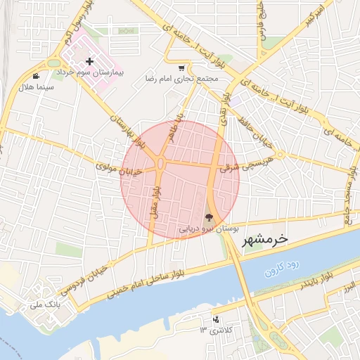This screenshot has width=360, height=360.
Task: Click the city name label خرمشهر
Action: [x=265, y=239]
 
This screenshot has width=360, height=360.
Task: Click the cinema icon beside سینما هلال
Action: [x=36, y=75]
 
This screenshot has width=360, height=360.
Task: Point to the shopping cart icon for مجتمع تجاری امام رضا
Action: [x=182, y=68]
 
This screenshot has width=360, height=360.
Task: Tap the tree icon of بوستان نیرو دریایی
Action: [x=208, y=217]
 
